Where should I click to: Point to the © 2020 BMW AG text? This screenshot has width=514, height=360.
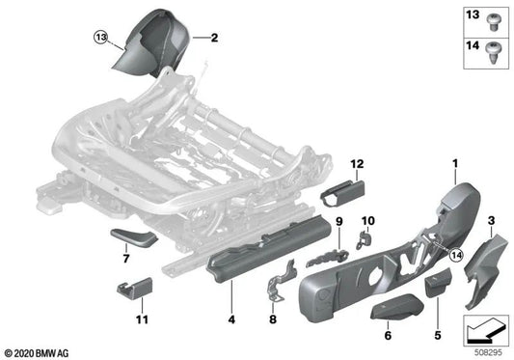36,351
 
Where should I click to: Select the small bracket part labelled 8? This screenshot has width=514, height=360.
275,282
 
